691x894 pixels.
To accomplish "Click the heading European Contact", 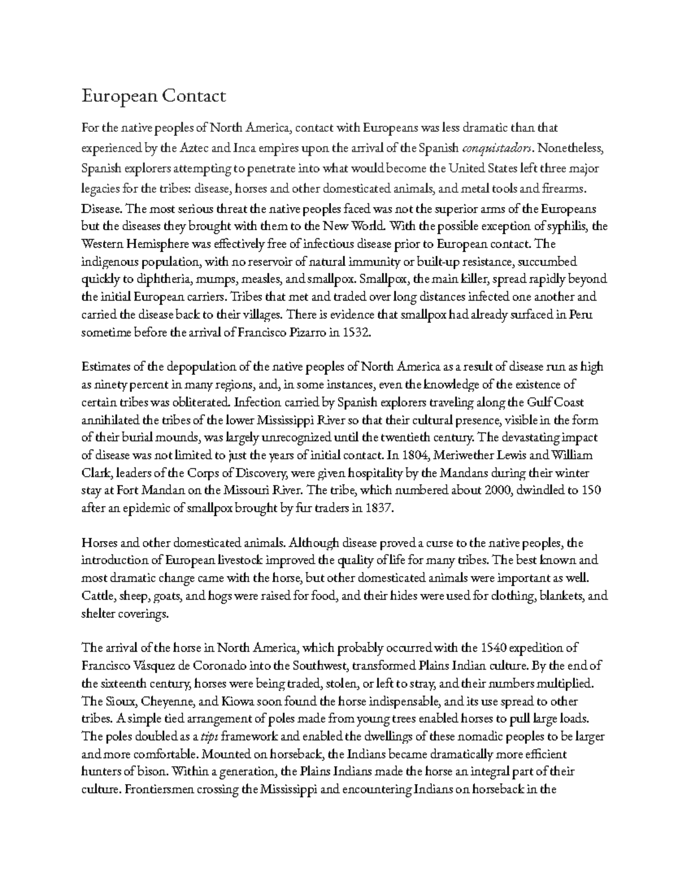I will pyautogui.click(x=154, y=96).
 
